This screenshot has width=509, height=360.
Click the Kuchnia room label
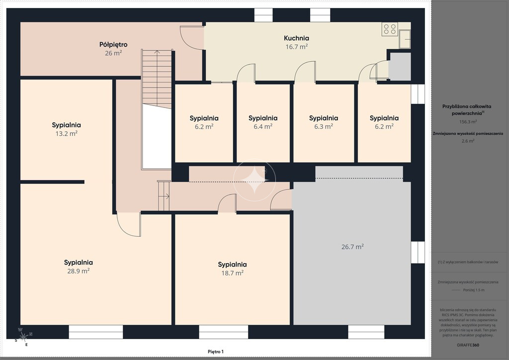[296, 38]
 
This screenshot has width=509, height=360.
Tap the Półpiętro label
[113, 45]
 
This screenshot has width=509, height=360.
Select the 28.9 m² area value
[78, 270]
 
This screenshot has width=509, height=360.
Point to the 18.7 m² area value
[233, 273]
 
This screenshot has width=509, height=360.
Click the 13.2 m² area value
[66, 133]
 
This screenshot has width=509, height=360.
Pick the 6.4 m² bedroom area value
[263, 126]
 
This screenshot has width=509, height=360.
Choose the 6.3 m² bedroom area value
[323, 126]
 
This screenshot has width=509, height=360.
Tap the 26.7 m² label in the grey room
[352, 247]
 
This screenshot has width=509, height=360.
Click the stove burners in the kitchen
[390, 29]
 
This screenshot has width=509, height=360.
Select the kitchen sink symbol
[405, 39]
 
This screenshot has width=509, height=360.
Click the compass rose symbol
[23, 337]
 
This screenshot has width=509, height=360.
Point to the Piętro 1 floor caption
[216, 352]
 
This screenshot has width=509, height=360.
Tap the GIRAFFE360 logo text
[468, 345]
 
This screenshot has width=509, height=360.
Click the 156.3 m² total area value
[468, 122]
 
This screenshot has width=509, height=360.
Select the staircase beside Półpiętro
[157, 79]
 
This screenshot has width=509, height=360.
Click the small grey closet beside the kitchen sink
[400, 66]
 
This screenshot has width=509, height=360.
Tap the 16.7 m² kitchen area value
[297, 47]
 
